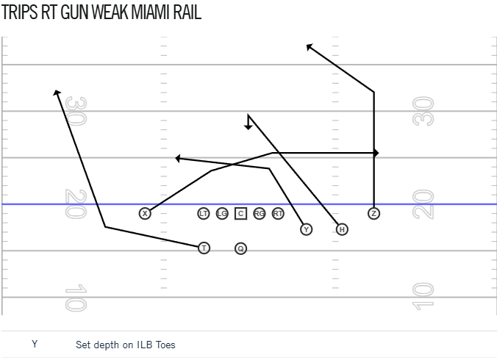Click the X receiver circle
coord(145,213)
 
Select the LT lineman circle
coord(204,213)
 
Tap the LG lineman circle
coord(222,213)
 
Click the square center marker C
coord(241,213)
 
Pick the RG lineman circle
coord(260,213)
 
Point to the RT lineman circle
coord(278,213)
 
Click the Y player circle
coord(306,229)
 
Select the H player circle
coord(342,229)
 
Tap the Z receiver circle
coord(374,213)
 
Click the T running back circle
coord(204,248)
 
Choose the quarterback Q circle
coord(241,248)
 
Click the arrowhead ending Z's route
coord(310,47)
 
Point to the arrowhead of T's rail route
coord(57,93)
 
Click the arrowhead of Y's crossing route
coord(178,158)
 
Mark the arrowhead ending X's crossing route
coord(376,153)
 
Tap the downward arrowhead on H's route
coord(248,127)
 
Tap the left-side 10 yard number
coord(76,298)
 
